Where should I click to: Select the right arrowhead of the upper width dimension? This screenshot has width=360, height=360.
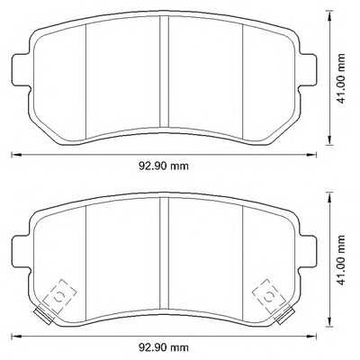[x=316, y=156]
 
